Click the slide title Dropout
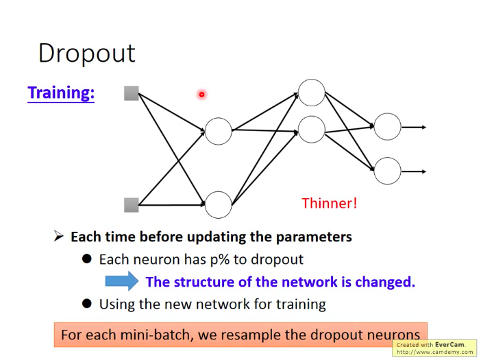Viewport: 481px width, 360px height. [86, 53]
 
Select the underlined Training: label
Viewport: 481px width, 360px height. [61, 93]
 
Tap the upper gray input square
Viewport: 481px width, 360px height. [132, 93]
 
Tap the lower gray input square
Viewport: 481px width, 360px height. [132, 204]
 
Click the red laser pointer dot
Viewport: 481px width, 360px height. [202, 95]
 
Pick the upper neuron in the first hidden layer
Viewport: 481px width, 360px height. [219, 131]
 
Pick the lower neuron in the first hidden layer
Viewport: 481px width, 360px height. [219, 204]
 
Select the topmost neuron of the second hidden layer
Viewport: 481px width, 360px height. [312, 93]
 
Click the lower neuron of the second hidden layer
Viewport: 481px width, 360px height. [312, 130]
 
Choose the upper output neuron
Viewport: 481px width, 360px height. [387, 127]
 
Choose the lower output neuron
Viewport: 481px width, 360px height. [387, 171]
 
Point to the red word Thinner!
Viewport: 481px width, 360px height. [329, 203]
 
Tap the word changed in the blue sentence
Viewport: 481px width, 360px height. [388, 282]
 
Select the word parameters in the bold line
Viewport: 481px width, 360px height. [314, 237]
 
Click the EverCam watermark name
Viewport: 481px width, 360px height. [449, 344]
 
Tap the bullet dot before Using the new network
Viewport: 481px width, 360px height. [87, 304]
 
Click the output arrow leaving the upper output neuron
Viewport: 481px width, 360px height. [414, 127]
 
